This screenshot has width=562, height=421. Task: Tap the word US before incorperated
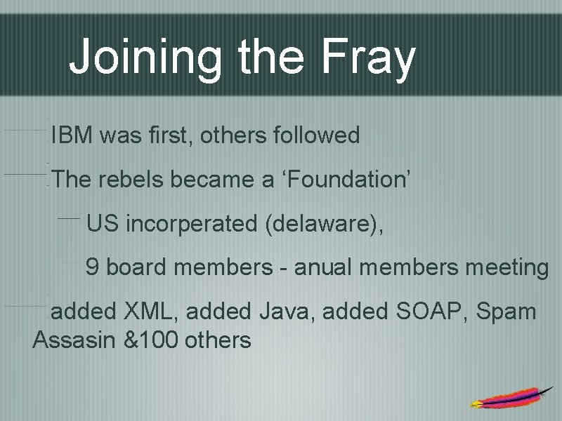pos(103,224)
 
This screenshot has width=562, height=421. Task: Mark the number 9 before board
pos(91,267)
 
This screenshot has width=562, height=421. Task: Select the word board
pos(136,267)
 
